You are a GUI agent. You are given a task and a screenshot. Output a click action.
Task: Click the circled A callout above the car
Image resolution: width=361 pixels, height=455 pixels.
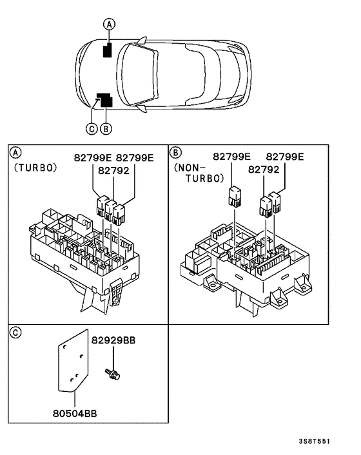coord(110,24)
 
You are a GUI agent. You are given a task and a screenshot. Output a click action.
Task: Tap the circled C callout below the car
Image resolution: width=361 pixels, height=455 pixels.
coord(92,128)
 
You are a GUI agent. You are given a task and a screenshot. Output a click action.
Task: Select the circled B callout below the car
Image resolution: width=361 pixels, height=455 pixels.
coord(106,128)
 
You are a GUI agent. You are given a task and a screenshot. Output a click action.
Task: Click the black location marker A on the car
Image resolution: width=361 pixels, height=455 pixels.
coord(109,50)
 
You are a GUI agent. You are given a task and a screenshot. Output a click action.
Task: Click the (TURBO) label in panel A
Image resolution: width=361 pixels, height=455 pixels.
coord(35,168)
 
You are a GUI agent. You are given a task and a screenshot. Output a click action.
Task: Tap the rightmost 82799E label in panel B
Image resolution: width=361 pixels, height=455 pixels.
coord(285,157)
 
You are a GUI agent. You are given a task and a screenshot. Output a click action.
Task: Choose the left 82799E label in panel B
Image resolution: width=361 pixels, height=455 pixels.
coord(232,157)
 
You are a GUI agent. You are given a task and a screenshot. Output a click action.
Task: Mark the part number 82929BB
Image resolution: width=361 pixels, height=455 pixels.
coord(113,339)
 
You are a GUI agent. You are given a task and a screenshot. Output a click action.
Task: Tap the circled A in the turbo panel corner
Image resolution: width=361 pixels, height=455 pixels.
coord(15,153)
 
